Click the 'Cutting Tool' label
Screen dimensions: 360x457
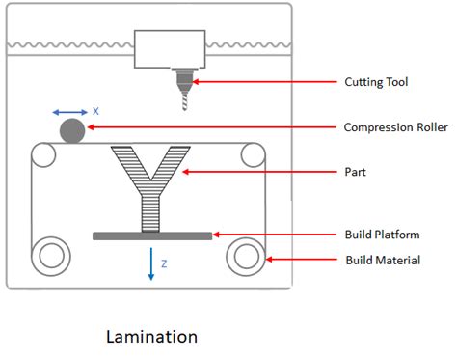[376, 82]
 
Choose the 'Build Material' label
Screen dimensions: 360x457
[382, 260]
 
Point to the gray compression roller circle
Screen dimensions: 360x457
[72, 129]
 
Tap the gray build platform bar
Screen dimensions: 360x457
[152, 235]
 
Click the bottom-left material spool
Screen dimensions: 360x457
[50, 256]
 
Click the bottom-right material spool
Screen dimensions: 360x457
[245, 256]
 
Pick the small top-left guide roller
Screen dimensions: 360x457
[41, 153]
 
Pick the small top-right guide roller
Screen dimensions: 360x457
[254, 153]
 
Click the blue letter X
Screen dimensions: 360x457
[95, 111]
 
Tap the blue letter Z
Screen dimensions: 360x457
[164, 263]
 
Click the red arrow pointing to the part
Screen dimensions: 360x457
[259, 173]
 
